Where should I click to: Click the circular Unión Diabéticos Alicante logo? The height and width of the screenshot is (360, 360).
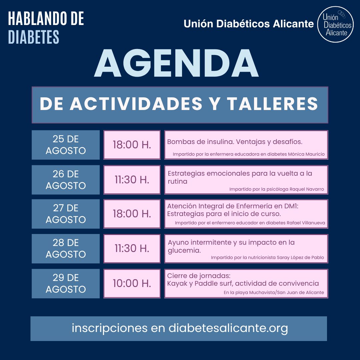click(335, 24)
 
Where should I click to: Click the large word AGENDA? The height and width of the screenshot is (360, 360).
click(176, 63)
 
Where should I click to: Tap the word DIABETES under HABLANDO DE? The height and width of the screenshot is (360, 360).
click(34, 37)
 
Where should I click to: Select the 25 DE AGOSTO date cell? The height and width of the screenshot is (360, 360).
click(66, 145)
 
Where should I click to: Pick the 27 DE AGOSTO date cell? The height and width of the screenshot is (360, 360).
click(66, 214)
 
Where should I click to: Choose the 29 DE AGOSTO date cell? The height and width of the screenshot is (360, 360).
click(66, 283)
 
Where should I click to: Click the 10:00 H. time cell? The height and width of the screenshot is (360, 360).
click(132, 283)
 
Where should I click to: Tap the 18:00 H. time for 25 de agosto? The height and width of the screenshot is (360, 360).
click(132, 145)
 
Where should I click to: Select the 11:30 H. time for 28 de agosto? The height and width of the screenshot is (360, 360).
click(132, 248)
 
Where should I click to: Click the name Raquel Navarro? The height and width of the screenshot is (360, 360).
click(307, 189)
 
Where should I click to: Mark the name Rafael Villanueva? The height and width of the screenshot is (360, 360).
click(306, 223)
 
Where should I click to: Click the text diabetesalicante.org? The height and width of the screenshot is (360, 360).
click(228, 328)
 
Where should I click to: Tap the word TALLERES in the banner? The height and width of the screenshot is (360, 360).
click(273, 104)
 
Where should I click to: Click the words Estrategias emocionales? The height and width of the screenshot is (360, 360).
click(209, 174)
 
